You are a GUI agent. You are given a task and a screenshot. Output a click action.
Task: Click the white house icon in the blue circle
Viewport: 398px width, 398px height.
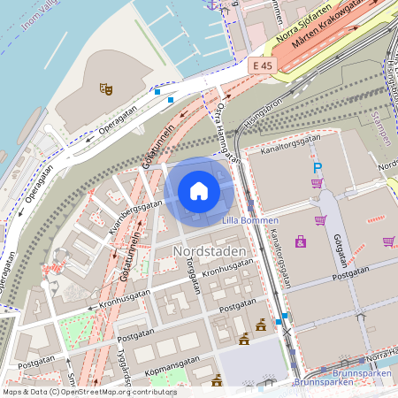click(199, 191)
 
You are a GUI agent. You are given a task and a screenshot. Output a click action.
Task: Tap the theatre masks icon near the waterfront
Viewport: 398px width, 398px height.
click(106, 88)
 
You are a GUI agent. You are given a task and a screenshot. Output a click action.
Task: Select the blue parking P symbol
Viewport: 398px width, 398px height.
click(318, 167)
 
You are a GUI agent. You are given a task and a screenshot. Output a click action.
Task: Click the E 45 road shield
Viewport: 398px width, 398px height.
click(262, 66)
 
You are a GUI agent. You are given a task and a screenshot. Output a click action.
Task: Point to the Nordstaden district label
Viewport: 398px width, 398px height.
click(210, 252)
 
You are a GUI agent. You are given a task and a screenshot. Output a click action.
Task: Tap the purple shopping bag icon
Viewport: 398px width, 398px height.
click(301, 241)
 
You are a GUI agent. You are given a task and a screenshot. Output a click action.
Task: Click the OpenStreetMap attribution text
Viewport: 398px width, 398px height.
click(89, 391)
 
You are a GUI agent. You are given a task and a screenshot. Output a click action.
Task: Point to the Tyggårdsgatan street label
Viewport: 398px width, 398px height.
click(129, 367)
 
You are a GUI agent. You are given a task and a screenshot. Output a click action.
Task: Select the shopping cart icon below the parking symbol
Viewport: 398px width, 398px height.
click(317, 184)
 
